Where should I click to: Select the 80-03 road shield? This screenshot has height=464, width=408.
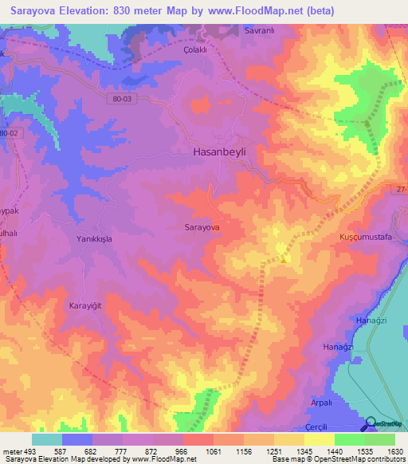pyautogui.click(x=119, y=96)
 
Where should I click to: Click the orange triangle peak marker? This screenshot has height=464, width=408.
pyautogui.click(x=284, y=258)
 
